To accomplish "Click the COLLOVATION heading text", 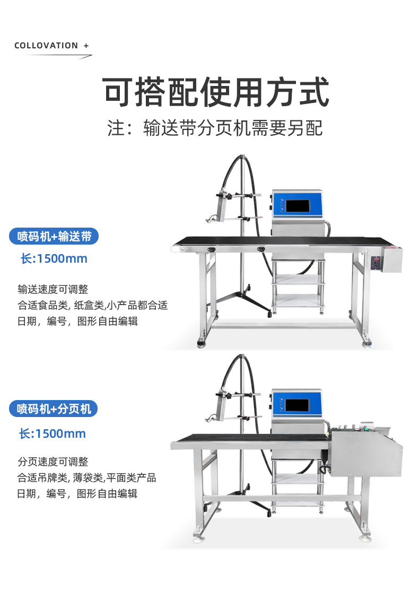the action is pos(46,46).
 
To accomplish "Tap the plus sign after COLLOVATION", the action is pos(86,46).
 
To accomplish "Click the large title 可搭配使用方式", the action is pos(216,92).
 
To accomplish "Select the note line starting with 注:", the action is pos(215,128).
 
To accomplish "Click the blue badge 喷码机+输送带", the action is pos(54,236).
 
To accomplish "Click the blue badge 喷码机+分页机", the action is pos(54,409).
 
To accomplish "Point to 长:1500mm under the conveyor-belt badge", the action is pos(54,258).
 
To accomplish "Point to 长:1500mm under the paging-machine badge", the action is pos(53,433).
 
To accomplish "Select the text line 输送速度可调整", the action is pos(53,289).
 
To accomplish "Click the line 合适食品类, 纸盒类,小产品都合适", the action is pos(92,305).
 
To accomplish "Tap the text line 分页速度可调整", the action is pos(53,461).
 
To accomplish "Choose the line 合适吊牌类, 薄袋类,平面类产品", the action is pos(86,478).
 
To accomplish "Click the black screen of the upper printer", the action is pos(298,206).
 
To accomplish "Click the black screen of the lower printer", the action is pos(297,405).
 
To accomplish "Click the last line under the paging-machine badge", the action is pos(77,493).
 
